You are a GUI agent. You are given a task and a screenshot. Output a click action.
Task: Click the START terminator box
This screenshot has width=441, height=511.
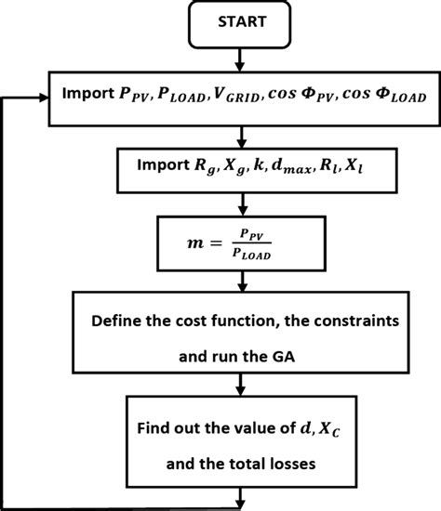pyautogui.click(x=240, y=24)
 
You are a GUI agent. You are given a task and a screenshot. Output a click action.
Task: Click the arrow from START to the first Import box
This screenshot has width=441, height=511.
pyautogui.click(x=240, y=59)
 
